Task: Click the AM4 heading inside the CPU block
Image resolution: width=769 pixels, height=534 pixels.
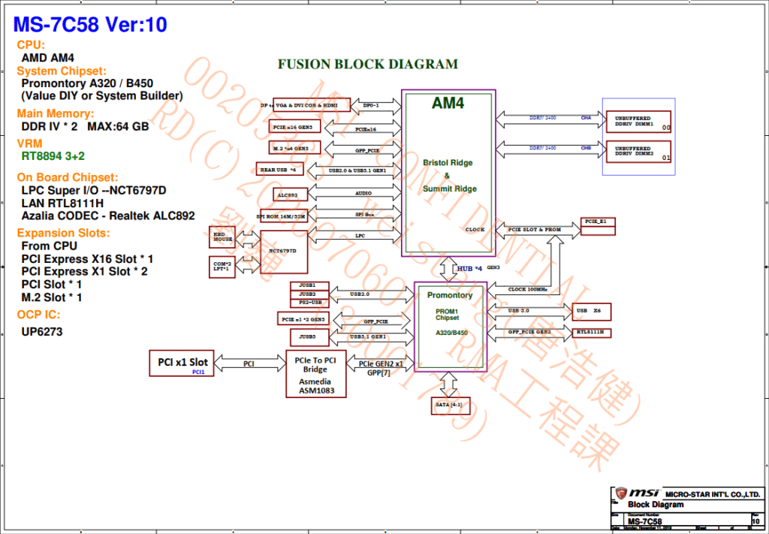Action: [x=448, y=104]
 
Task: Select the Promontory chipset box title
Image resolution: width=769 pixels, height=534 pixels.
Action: [x=450, y=295]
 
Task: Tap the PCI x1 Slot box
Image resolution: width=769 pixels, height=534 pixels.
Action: [x=182, y=363]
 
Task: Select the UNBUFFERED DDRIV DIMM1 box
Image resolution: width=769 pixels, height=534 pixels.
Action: [x=638, y=121]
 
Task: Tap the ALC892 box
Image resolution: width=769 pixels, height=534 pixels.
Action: [x=286, y=195]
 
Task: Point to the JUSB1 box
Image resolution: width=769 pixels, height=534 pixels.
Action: [x=307, y=285]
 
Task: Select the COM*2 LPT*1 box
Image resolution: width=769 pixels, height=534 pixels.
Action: [x=222, y=265]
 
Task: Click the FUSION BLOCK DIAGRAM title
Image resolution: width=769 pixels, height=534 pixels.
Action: [x=367, y=65]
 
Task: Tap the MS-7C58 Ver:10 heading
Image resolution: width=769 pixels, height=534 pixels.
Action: [x=90, y=24]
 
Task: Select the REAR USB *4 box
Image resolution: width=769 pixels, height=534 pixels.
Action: [x=277, y=170]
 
